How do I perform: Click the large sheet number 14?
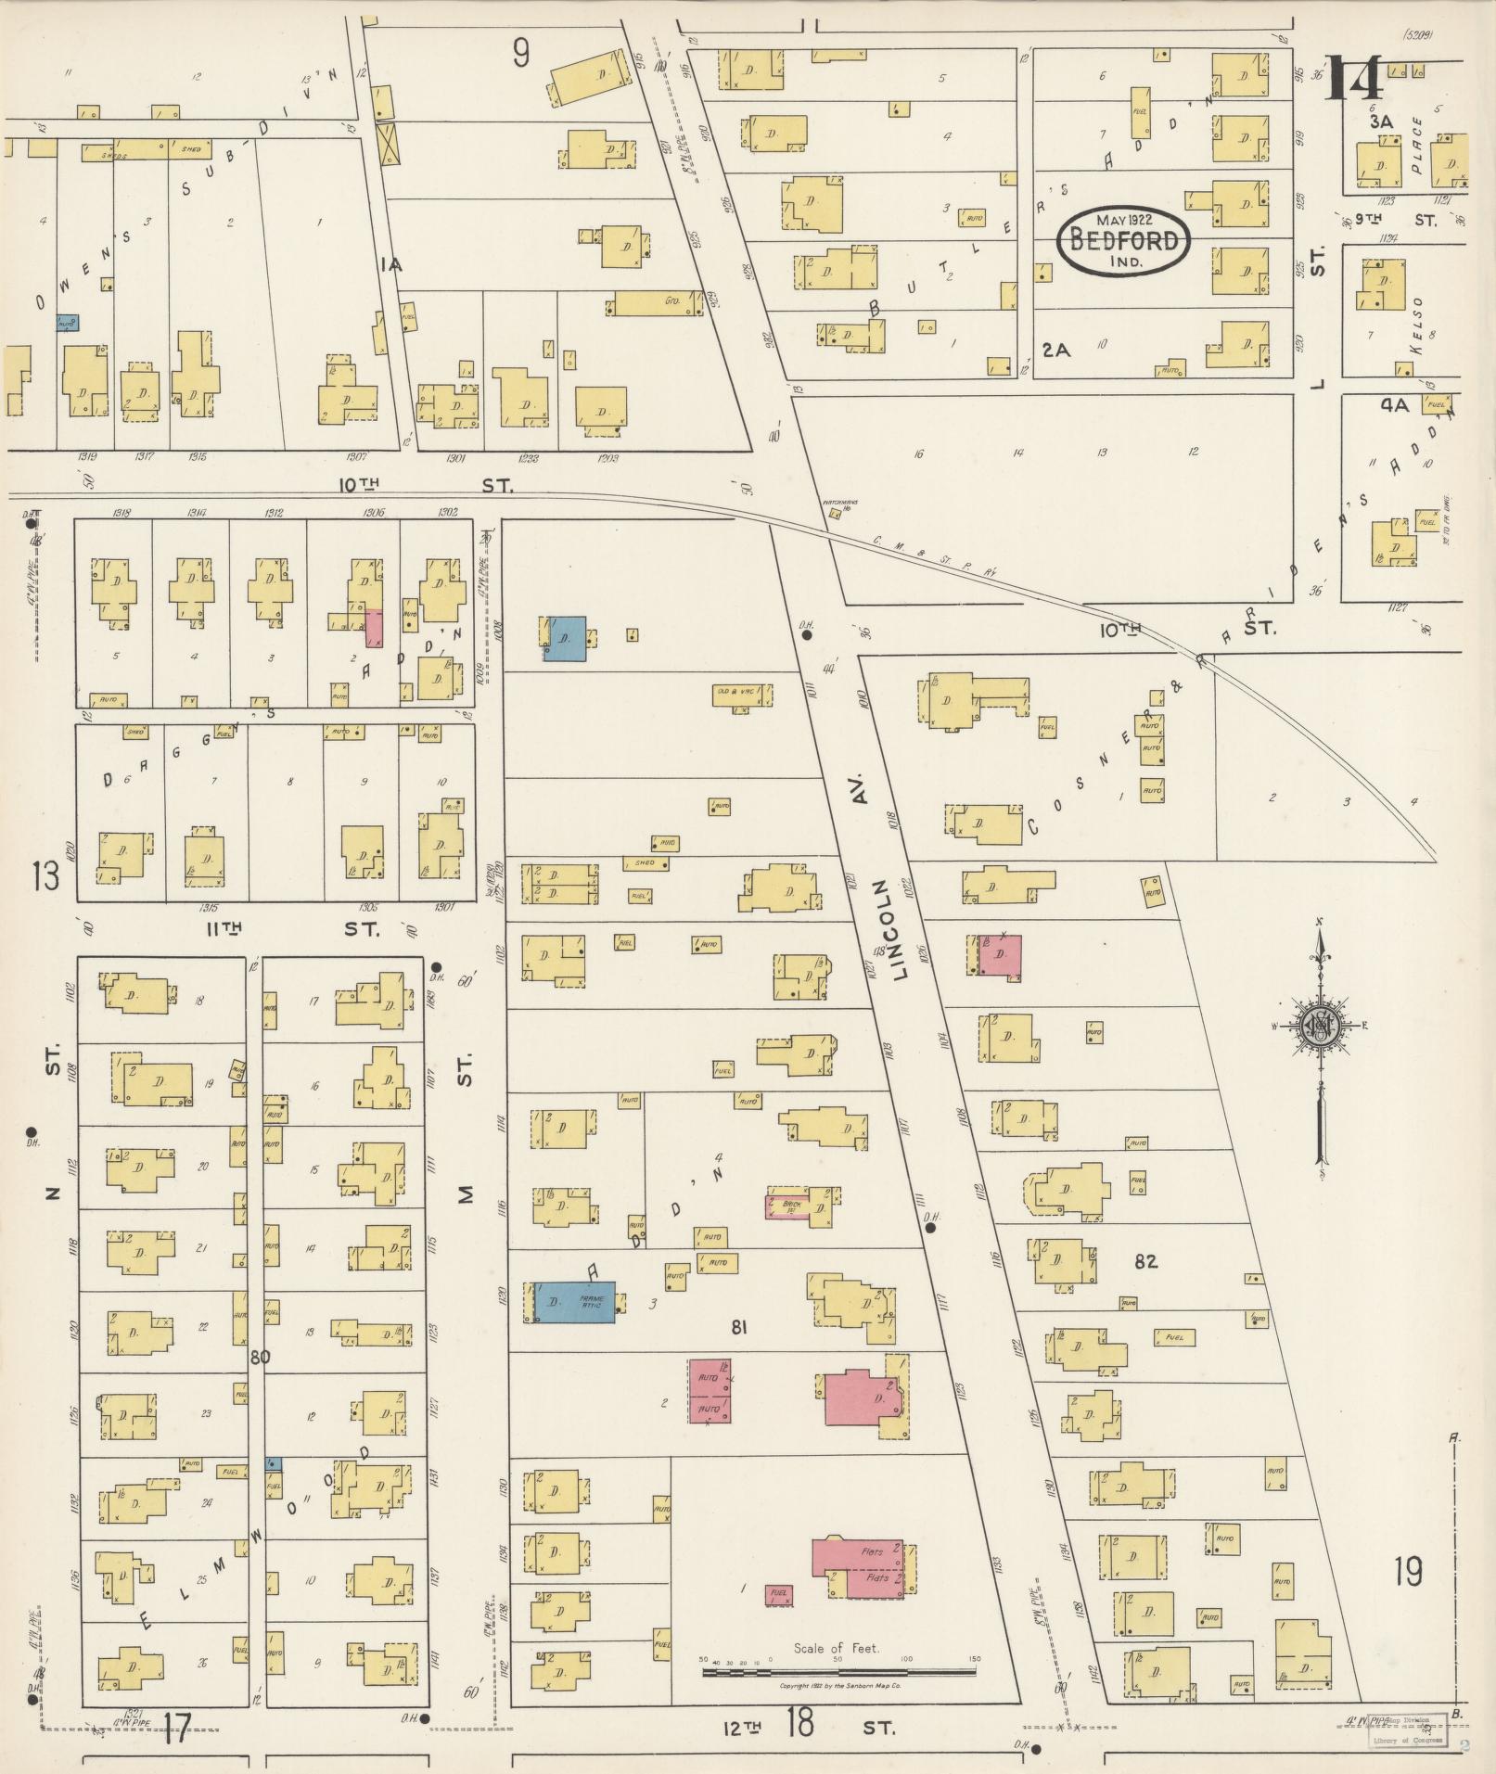click(x=1355, y=80)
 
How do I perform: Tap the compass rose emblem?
click(x=1317, y=1025)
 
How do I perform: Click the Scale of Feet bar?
click(x=838, y=1672)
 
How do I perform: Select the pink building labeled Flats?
click(x=858, y=1568)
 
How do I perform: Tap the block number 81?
click(x=738, y=1327)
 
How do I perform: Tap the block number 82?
click(x=1145, y=1261)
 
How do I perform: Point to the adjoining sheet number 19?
click(x=1408, y=1572)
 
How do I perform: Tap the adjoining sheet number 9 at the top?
click(x=521, y=54)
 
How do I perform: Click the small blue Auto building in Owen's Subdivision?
click(x=67, y=323)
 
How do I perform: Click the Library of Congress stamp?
click(x=1408, y=1729)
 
